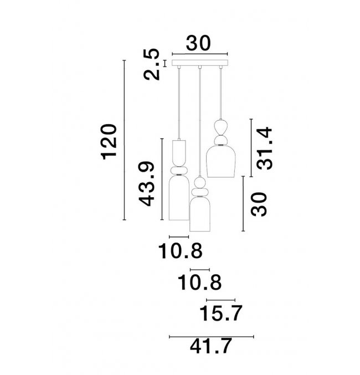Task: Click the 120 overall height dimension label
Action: [x=109, y=142]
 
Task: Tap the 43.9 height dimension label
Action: [x=147, y=184]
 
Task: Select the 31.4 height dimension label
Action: [x=265, y=148]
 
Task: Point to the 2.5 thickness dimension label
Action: [x=151, y=64]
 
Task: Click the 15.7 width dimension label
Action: [x=221, y=313]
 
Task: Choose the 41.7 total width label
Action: [x=211, y=346]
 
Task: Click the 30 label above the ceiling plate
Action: [x=198, y=43]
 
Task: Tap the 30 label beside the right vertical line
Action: [x=259, y=204]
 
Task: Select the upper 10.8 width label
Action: [x=181, y=251]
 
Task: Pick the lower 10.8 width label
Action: [x=200, y=282]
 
